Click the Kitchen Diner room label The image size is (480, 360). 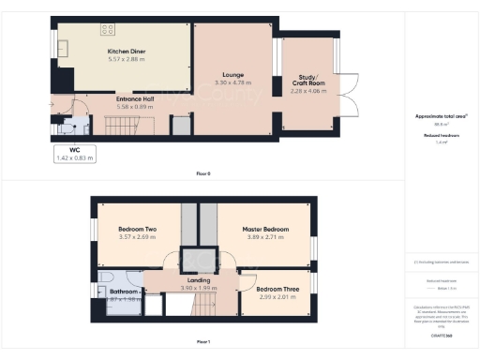point(126,52)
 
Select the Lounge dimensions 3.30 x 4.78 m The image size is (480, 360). point(234,83)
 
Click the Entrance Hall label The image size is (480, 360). point(135,98)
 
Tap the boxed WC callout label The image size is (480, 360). point(74,154)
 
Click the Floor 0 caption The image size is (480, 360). point(202,174)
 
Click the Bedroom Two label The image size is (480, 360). point(137,230)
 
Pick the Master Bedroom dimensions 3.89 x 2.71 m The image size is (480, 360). point(264,238)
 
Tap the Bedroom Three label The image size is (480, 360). point(278,290)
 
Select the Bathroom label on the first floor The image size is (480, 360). point(122,292)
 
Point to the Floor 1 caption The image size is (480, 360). point(202,342)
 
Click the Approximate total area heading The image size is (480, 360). point(441,116)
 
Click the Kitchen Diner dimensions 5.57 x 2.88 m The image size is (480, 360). point(126,59)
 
